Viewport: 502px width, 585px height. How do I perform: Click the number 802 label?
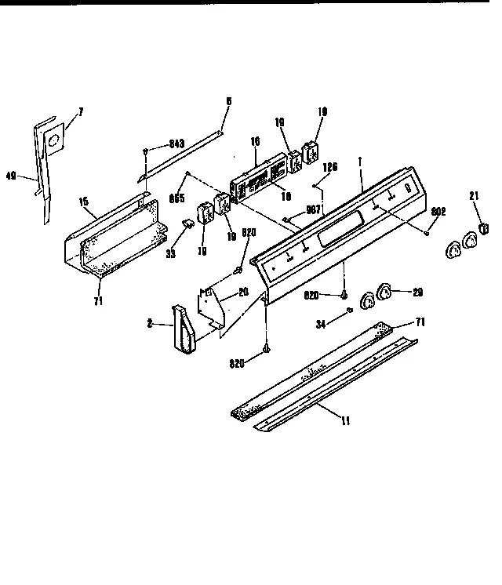[x=439, y=211]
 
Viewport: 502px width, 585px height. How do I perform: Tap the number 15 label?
[x=84, y=203]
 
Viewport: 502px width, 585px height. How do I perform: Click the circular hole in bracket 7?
[x=53, y=141]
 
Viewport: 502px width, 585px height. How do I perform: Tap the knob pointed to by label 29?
[x=385, y=292]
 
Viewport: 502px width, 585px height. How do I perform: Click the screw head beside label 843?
[x=147, y=150]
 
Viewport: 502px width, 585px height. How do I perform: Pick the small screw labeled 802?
[x=426, y=232]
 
